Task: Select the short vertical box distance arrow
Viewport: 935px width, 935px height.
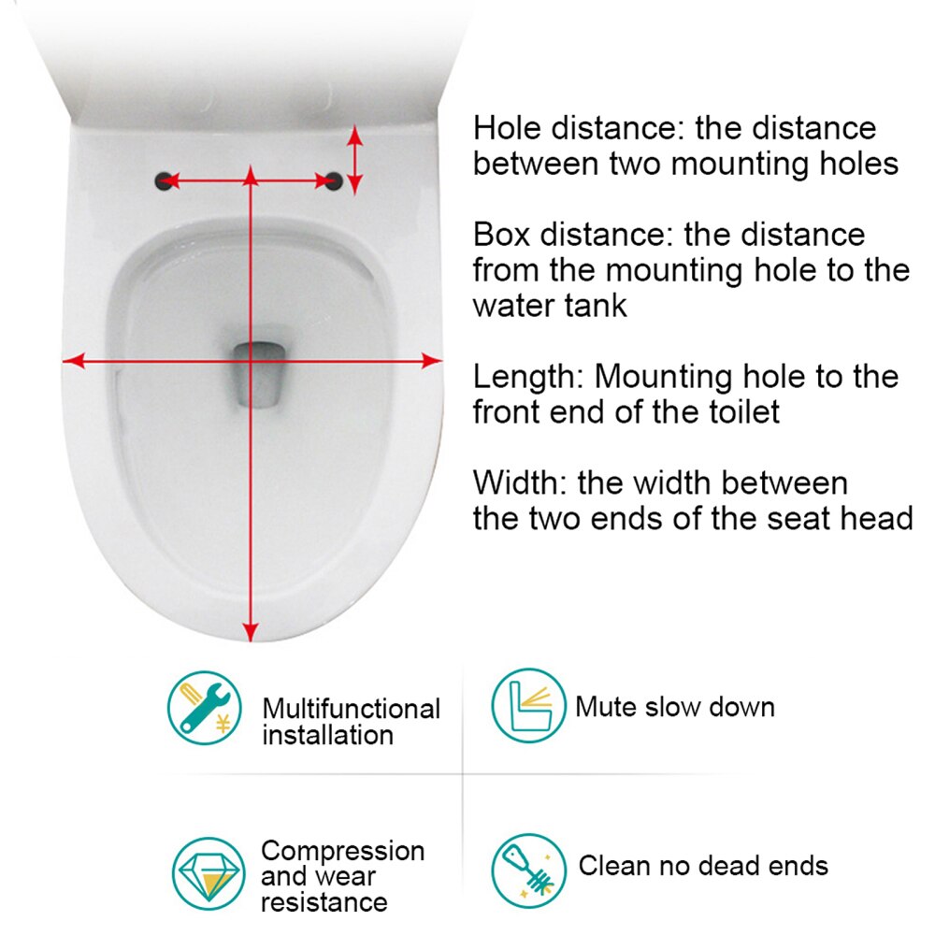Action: pos(354,160)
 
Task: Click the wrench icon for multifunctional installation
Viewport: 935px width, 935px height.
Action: pos(204,707)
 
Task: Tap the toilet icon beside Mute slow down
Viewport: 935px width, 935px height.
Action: pos(529,706)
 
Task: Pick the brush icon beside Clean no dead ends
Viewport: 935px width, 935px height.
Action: pos(529,870)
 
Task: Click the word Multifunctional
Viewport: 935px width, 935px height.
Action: pos(351,710)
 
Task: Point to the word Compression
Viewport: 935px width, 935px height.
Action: pos(342,852)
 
